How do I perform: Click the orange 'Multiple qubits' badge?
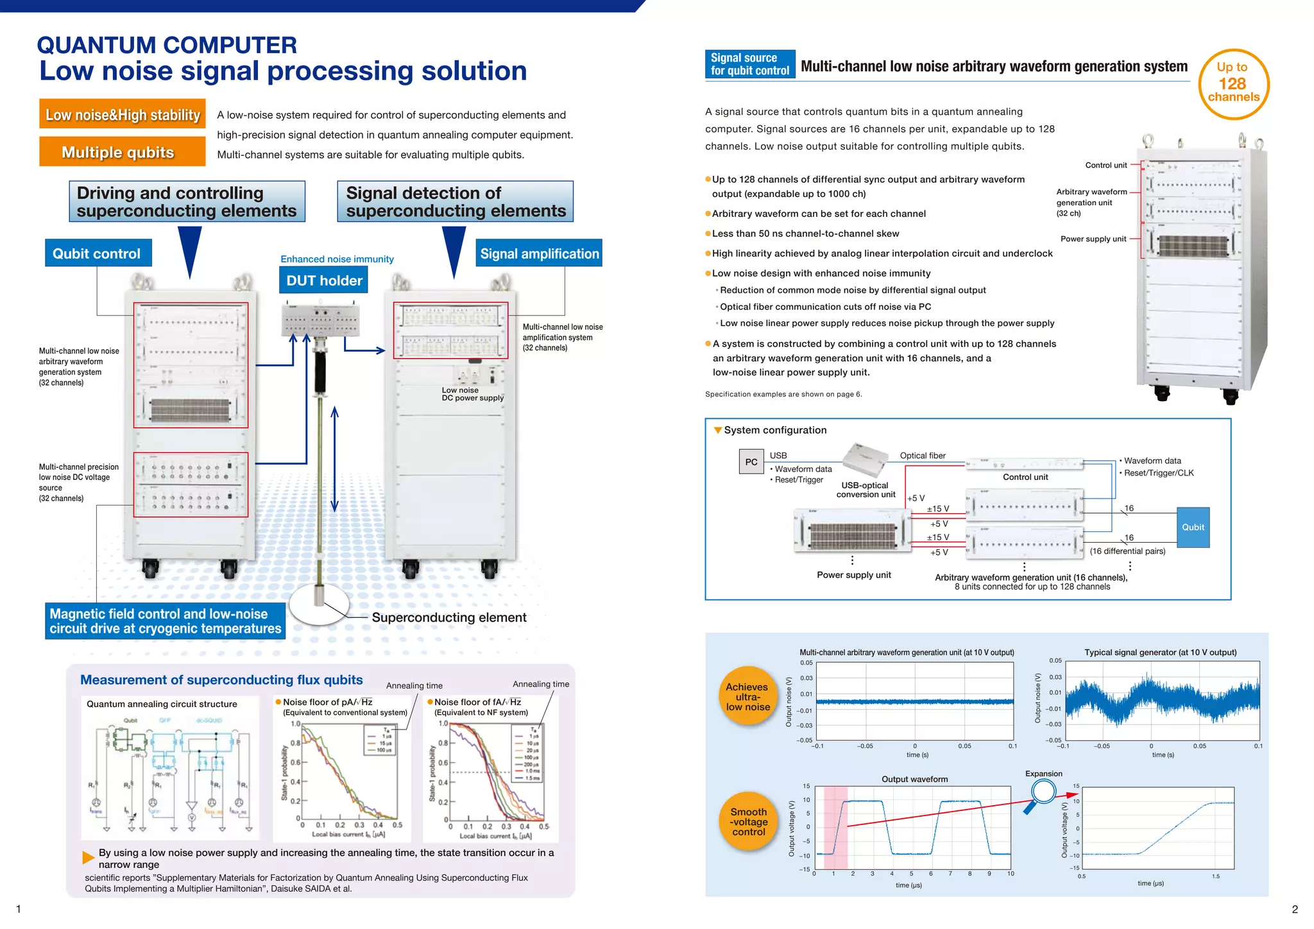pos(122,152)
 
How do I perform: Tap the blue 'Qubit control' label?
pos(98,253)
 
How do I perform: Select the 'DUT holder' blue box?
pos(324,280)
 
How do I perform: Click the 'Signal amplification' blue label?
pos(539,253)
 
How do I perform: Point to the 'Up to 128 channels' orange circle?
pos(1233,84)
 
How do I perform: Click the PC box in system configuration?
pos(751,462)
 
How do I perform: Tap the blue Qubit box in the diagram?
pos(1193,527)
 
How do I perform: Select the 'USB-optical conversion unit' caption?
pos(866,490)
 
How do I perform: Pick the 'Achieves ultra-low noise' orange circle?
pos(747,697)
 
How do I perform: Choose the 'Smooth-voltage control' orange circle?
pos(749,822)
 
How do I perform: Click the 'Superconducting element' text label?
pos(449,618)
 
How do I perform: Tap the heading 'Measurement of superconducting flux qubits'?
pos(221,680)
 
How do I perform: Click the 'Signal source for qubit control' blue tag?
pos(749,64)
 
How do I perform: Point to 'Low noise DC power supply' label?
pos(472,394)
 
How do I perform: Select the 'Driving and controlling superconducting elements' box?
pos(187,201)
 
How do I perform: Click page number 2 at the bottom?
pos(1295,909)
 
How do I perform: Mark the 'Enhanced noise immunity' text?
pos(337,259)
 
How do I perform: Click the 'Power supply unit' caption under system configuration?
pos(853,575)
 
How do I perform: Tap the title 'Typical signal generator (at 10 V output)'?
pos(1160,652)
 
